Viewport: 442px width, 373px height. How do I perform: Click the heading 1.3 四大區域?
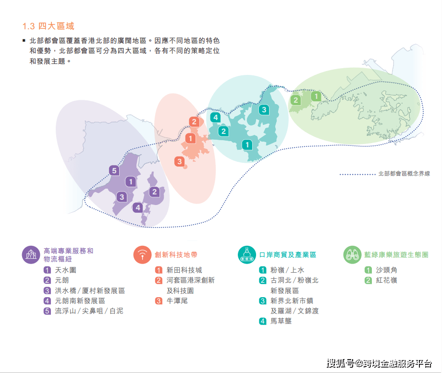(48, 26)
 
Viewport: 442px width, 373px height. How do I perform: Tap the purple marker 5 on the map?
(114, 170)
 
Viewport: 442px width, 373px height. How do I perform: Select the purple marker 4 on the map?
(138, 208)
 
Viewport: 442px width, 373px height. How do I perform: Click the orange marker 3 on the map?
(180, 161)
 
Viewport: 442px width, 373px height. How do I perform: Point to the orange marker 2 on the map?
(194, 122)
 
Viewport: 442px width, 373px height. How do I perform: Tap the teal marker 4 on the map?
(216, 117)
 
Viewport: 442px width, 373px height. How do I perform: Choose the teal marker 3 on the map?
(264, 109)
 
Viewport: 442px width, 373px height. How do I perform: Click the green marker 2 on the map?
(295, 100)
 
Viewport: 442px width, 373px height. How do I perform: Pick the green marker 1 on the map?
(316, 96)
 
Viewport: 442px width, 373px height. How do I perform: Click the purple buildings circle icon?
(31, 255)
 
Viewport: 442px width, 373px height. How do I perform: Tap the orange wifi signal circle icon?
(142, 255)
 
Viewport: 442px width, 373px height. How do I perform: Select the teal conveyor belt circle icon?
(247, 255)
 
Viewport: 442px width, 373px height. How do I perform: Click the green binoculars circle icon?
(352, 255)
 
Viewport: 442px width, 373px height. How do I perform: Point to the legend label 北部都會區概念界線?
(404, 174)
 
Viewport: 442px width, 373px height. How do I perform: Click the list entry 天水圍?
(66, 270)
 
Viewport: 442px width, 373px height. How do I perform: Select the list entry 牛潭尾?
(177, 301)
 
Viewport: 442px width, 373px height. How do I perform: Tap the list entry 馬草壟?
(281, 321)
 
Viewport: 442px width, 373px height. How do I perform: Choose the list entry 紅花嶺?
(386, 280)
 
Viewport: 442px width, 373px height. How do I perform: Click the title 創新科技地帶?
(176, 255)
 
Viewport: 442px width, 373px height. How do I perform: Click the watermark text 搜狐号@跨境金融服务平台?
(379, 363)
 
